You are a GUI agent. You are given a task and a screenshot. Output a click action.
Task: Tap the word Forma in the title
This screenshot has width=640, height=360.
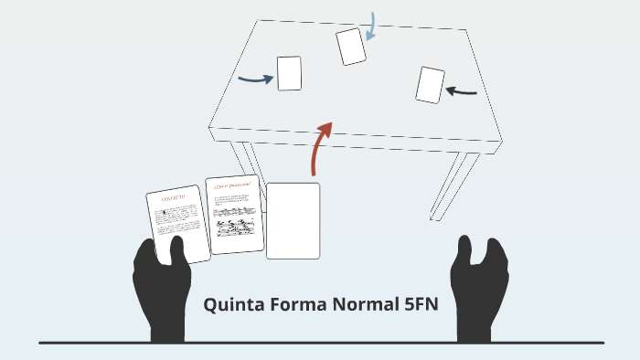[300, 305]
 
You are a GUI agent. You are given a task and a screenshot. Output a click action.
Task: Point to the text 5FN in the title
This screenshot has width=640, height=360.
[421, 305]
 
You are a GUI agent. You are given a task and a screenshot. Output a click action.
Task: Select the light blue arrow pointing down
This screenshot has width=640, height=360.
[371, 26]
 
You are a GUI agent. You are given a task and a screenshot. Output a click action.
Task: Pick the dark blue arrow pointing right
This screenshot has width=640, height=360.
[255, 79]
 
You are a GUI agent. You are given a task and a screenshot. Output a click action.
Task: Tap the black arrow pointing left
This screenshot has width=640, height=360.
[463, 90]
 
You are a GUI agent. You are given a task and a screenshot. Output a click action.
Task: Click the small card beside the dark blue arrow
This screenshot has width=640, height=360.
[289, 73]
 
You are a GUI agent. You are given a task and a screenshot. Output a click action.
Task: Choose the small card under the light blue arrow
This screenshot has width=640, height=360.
[351, 47]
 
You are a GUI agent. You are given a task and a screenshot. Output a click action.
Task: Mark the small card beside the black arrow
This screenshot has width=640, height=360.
[430, 85]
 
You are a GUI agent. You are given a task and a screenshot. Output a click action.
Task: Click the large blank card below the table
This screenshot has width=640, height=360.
[293, 220]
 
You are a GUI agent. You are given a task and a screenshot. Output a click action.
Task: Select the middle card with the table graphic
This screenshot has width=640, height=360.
[234, 215]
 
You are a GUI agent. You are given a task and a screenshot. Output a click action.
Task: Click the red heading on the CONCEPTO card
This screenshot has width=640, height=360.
[173, 197]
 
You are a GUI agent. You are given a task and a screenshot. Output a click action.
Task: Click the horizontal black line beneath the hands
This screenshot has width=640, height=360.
[320, 343]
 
